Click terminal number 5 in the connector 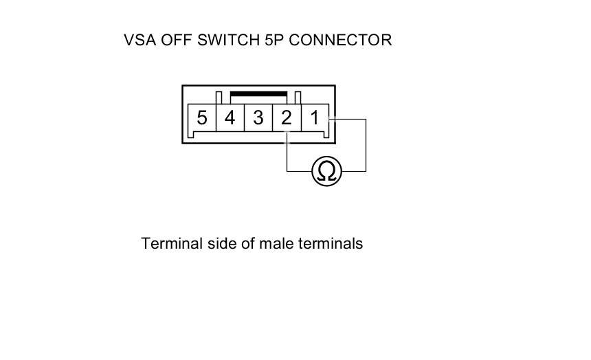click(x=201, y=118)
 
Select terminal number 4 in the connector click(x=230, y=118)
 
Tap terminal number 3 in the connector click(x=258, y=118)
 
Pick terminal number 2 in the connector click(x=286, y=118)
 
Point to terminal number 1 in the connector click(x=314, y=118)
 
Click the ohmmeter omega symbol click(x=326, y=171)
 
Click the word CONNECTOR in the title click(x=341, y=40)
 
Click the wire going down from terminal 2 click(x=287, y=155)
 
